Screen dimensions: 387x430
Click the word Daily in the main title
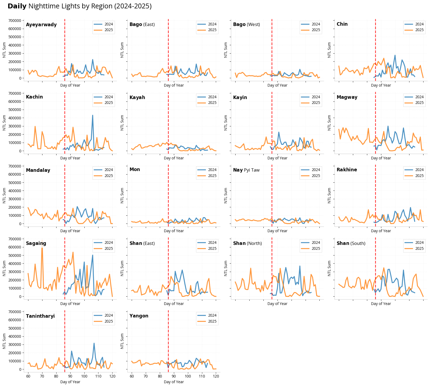[x=17, y=6]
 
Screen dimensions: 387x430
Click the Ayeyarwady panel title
[x=41, y=25]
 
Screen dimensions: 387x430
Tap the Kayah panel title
[x=137, y=97]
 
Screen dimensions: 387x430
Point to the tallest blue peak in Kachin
[x=92, y=115]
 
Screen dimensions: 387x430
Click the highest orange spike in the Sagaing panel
[x=42, y=241]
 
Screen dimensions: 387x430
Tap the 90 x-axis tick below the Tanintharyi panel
[x=70, y=376]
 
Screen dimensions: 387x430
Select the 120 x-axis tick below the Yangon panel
[x=216, y=376]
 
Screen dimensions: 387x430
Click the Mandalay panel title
[x=38, y=170]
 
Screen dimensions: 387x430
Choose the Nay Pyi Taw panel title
[x=246, y=170]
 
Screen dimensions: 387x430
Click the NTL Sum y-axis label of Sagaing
[x=4, y=268]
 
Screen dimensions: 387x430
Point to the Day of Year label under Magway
[x=381, y=158]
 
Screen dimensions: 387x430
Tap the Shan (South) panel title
[x=351, y=243]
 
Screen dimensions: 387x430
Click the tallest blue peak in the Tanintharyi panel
[x=94, y=343]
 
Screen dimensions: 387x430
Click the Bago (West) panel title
[x=246, y=24]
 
